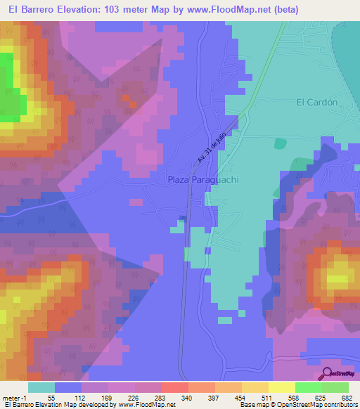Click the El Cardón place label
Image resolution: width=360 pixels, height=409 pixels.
(317, 101)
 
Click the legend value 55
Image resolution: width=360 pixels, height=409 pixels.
(51, 398)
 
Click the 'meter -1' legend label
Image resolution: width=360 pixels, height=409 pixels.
(14, 398)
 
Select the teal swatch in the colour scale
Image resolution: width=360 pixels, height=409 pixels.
(41, 387)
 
